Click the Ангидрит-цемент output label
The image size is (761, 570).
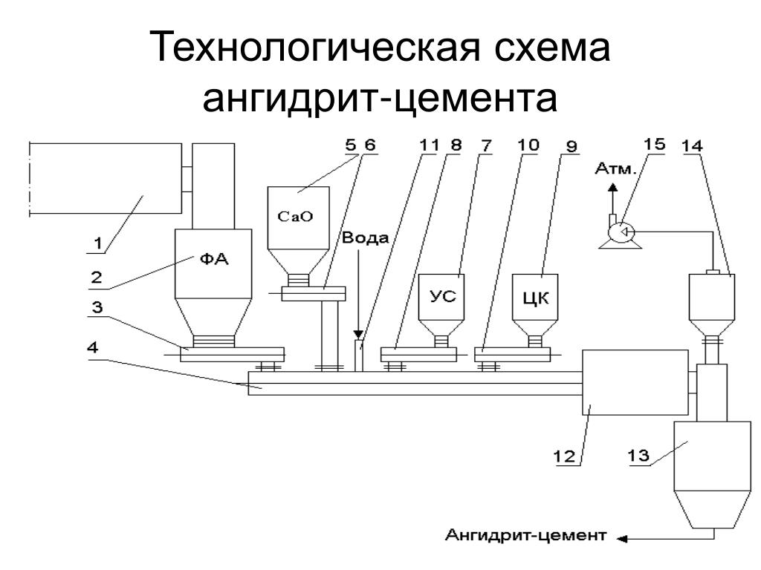point(526,534)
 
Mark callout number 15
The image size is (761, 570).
point(655,145)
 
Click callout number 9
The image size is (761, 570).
point(571,145)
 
